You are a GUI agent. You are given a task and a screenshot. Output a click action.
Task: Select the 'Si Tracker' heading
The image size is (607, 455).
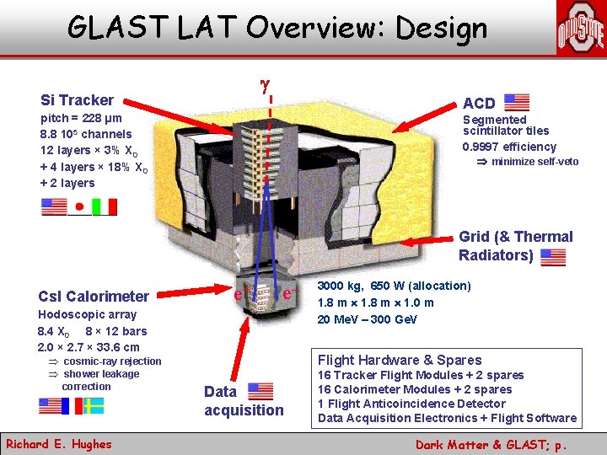(77, 100)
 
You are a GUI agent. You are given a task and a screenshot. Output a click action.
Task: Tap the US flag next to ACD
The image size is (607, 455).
(516, 103)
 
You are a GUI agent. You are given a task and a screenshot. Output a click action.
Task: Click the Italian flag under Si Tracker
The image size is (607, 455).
(104, 206)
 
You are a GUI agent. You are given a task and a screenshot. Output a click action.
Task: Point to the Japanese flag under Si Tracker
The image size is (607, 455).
(79, 206)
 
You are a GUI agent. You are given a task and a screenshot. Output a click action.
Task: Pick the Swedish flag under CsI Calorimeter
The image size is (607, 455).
(94, 406)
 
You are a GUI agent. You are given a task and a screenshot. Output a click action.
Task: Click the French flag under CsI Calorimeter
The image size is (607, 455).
(73, 406)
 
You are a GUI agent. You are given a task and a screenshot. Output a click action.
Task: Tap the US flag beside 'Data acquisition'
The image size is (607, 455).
(261, 391)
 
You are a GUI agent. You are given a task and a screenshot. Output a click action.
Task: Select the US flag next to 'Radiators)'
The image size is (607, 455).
(553, 256)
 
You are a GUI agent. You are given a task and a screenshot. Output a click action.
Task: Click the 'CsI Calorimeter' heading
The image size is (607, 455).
(94, 296)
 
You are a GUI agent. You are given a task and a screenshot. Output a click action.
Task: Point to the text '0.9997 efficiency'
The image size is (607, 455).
(510, 147)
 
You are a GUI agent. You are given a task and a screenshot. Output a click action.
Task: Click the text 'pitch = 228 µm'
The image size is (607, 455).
(82, 119)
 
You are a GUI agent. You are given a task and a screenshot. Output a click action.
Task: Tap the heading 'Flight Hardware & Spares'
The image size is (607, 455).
(400, 360)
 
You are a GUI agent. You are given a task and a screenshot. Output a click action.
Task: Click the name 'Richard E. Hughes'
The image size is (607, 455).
(58, 443)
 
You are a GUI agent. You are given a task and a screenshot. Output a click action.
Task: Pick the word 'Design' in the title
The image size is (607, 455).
(439, 28)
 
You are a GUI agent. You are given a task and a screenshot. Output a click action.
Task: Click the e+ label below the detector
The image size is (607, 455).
(239, 295)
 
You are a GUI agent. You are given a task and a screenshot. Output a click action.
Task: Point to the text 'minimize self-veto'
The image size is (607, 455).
(534, 162)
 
